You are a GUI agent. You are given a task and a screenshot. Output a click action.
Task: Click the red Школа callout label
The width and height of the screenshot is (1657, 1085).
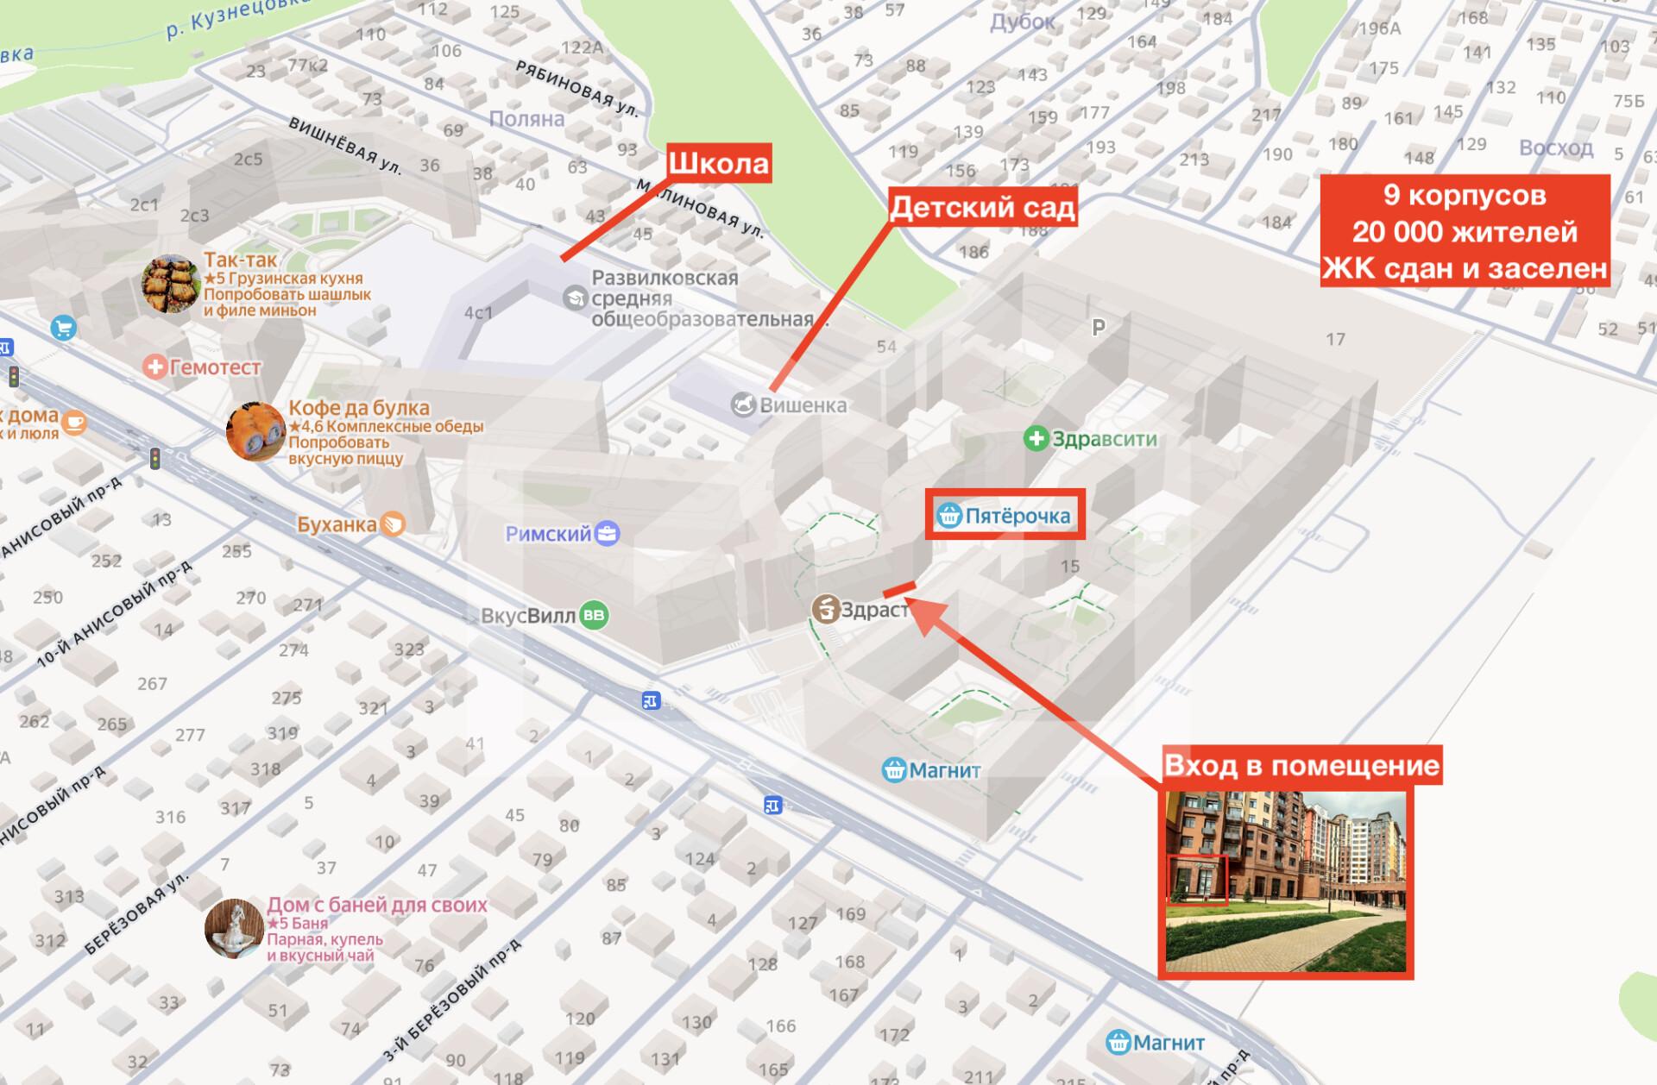719,163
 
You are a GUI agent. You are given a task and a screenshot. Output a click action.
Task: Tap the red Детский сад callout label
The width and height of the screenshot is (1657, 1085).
982,208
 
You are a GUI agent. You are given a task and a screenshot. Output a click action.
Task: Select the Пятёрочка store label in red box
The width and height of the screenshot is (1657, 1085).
1005,516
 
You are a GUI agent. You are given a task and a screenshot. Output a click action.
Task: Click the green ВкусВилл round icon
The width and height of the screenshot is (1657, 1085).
594,616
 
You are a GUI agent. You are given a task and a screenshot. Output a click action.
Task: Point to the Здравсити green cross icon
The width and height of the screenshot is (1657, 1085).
1036,439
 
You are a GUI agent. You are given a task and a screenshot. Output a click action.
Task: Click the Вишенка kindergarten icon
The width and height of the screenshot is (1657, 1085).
743,405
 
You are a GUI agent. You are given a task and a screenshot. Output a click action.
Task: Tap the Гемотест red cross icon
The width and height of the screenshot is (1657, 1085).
155,367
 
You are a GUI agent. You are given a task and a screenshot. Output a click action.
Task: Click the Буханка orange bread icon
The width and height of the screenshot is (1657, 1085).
393,524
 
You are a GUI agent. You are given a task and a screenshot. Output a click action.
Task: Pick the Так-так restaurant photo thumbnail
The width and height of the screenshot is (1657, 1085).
171,284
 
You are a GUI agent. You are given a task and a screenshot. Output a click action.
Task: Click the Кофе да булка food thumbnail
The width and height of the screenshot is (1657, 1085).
255,431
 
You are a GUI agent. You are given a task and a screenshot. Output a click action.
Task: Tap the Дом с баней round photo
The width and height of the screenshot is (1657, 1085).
234,929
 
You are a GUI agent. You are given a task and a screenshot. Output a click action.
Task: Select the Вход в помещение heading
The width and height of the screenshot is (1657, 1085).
1301,765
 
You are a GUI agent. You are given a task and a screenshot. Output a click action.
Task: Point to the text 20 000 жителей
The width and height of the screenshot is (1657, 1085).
1465,232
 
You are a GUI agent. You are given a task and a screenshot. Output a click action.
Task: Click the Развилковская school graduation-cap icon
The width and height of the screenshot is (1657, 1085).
575,298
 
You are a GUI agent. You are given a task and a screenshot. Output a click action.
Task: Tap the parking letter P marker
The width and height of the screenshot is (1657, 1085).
1099,328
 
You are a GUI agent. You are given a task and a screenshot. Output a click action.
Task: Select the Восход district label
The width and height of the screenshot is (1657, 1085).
1556,147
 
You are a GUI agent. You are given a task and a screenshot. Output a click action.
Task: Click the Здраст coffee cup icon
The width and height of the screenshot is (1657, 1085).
826,609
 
